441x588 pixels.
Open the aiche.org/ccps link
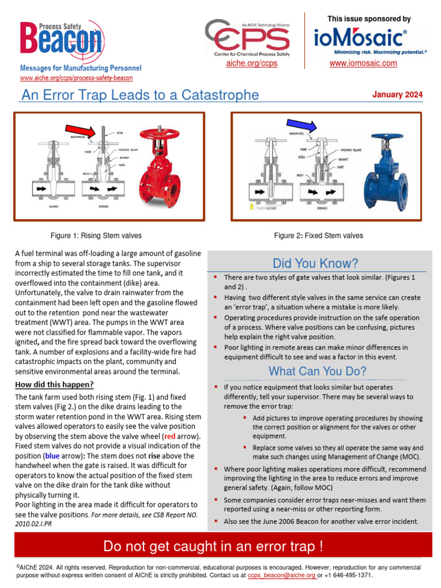coord(252,63)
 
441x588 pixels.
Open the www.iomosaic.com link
coord(363,63)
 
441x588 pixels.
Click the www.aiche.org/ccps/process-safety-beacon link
coord(76,78)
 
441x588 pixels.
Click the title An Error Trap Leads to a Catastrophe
coord(140,95)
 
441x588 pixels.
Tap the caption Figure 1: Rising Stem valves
coord(96,235)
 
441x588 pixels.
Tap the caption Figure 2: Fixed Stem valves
coord(318,235)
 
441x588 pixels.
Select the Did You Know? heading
coord(315,264)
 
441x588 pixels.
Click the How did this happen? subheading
coord(55,385)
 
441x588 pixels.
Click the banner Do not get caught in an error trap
coord(220,546)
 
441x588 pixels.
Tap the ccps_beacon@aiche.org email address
coord(281,575)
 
